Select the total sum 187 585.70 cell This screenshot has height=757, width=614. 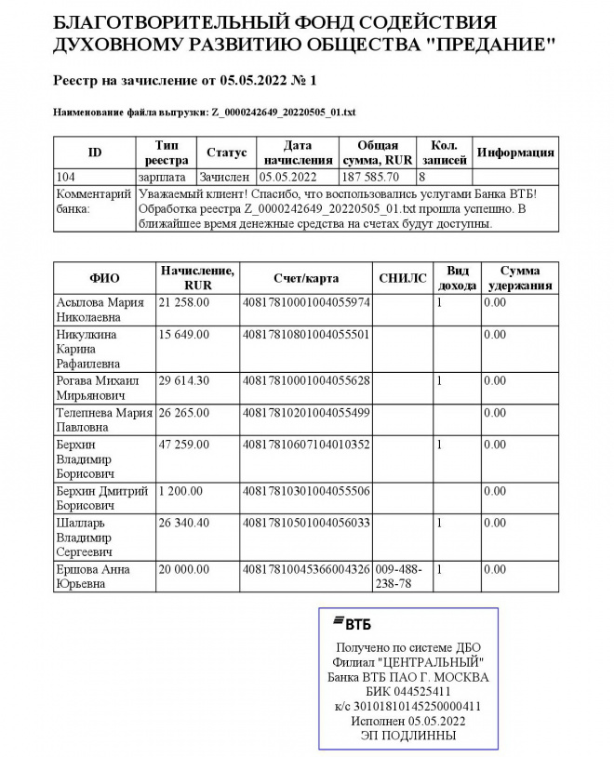click(x=370, y=177)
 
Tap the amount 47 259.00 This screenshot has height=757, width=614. click(x=184, y=445)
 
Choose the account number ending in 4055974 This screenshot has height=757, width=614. click(x=306, y=302)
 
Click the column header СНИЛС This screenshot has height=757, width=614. click(x=403, y=278)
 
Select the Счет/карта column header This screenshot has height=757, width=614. click(x=306, y=278)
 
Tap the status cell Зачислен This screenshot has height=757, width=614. click(x=223, y=177)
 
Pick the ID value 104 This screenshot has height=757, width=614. click(x=66, y=177)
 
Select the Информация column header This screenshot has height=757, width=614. click(x=515, y=153)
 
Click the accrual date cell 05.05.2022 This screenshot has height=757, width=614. click(x=289, y=177)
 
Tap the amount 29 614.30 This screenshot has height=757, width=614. click(x=184, y=380)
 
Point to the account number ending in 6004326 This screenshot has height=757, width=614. click(x=306, y=568)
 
